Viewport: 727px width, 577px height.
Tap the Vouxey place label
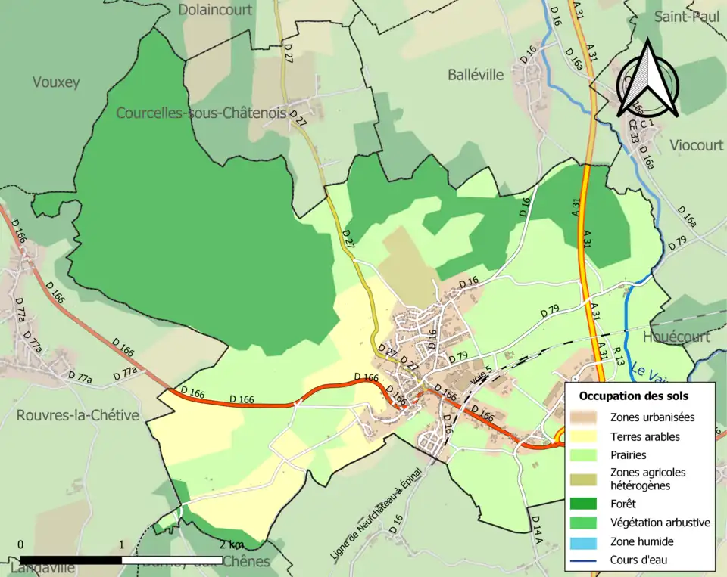coord(55,82)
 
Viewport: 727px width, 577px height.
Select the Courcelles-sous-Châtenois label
coord(201,113)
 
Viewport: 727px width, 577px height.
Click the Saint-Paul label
coord(688,17)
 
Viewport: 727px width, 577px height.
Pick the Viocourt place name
coord(696,145)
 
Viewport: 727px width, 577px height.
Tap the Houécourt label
coord(676,337)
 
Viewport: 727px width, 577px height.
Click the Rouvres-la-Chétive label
coord(78,415)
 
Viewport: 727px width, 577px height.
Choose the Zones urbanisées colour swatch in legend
coord(590,417)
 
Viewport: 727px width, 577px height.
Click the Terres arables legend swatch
coord(590,436)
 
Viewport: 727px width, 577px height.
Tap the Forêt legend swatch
coord(590,502)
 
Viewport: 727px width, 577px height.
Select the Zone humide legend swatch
coord(590,541)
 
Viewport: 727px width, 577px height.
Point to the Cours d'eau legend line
coord(590,560)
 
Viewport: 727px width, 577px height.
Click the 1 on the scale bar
coord(122,545)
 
